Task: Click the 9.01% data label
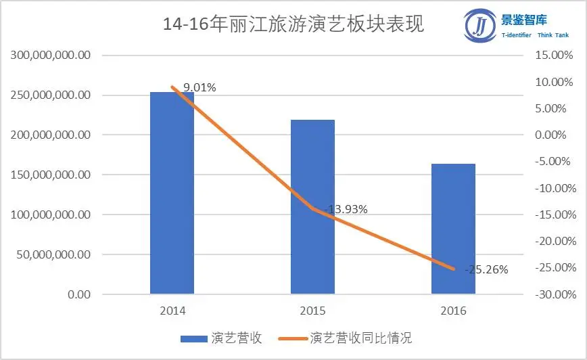(x=199, y=87)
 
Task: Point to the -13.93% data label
(x=346, y=210)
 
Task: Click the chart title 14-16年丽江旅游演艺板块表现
(x=293, y=26)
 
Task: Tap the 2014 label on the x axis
(x=172, y=312)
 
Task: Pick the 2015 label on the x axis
(x=312, y=312)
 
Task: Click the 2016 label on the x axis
(x=453, y=312)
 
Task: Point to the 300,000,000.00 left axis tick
(x=51, y=55)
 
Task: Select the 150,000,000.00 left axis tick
(x=51, y=175)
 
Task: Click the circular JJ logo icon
(x=480, y=26)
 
